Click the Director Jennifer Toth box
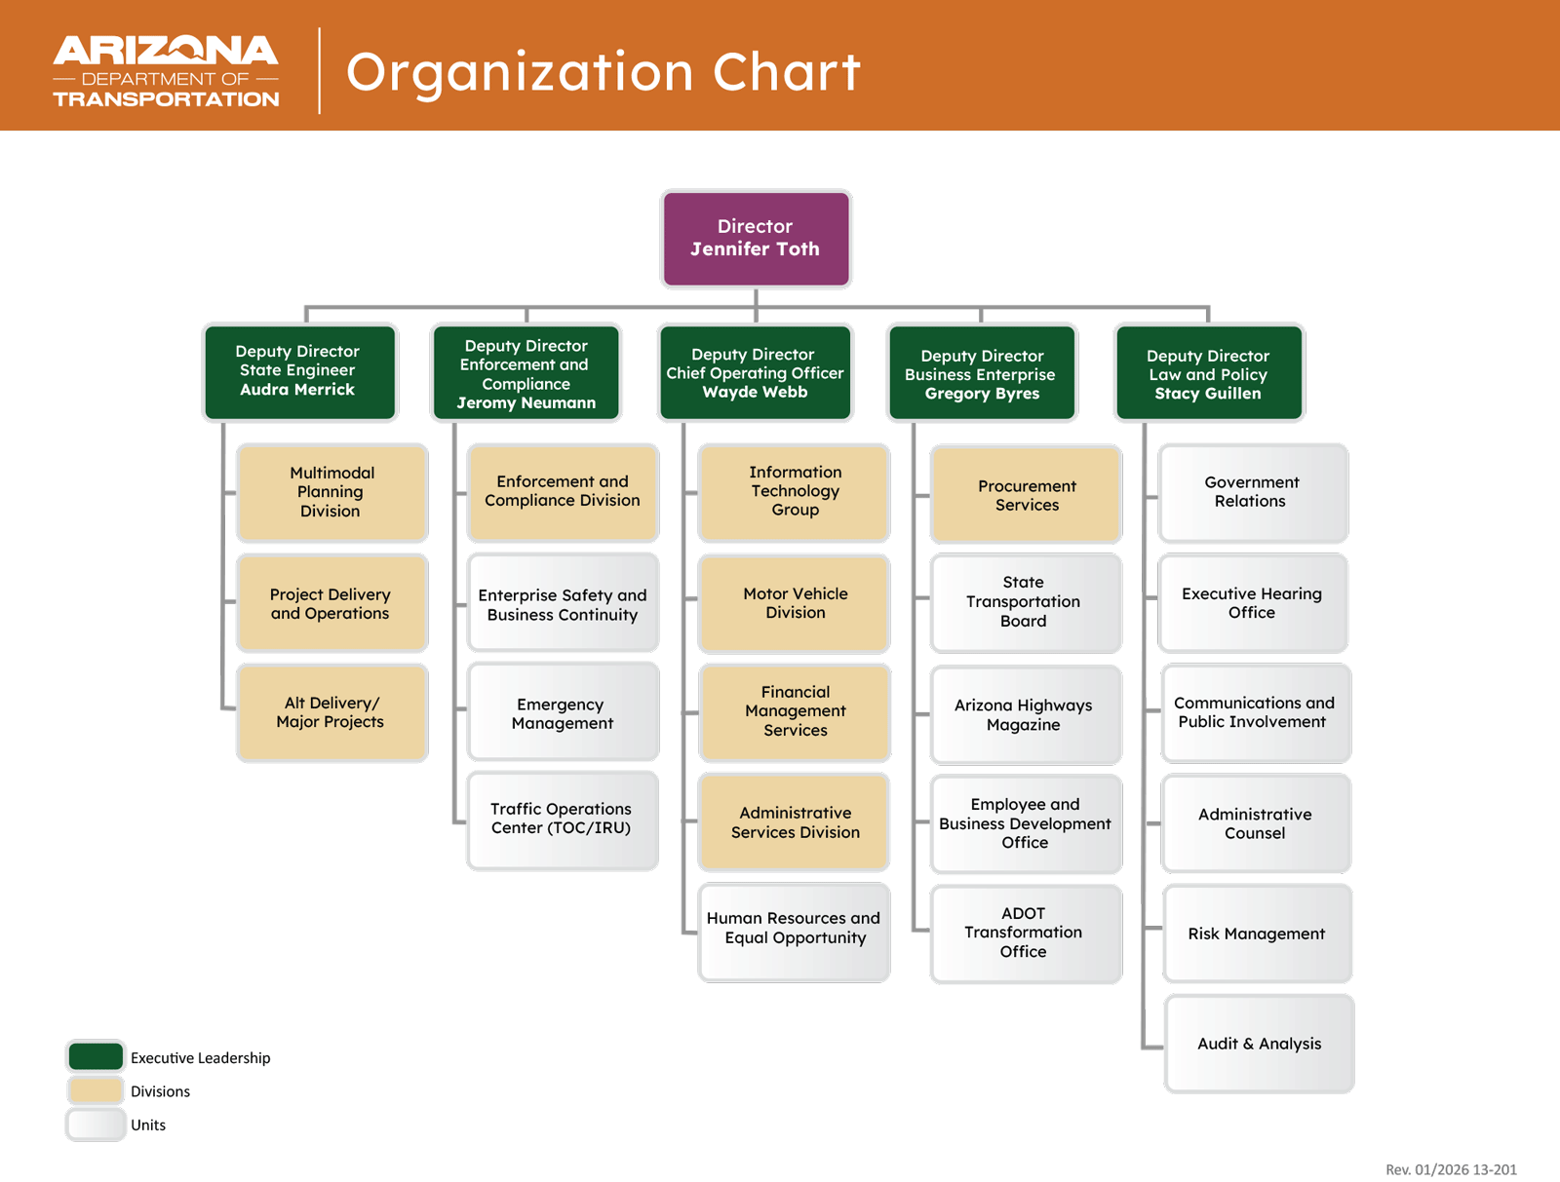[756, 238]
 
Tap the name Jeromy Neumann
[526, 402]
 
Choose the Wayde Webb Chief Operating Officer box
[756, 372]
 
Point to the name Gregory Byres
[982, 394]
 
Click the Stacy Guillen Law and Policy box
[1208, 373]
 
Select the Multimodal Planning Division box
[331, 492]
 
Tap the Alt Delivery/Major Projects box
[331, 712]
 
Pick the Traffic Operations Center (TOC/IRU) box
[562, 820]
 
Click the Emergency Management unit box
[562, 712]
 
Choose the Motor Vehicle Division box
[795, 603]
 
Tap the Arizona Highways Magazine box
[1025, 714]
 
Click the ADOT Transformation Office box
[1025, 933]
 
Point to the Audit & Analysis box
[1259, 1044]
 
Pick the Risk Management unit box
[1257, 934]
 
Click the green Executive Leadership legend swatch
[96, 1056]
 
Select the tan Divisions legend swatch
[96, 1090]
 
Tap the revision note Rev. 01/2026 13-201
[1450, 1169]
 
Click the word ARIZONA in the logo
[166, 51]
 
